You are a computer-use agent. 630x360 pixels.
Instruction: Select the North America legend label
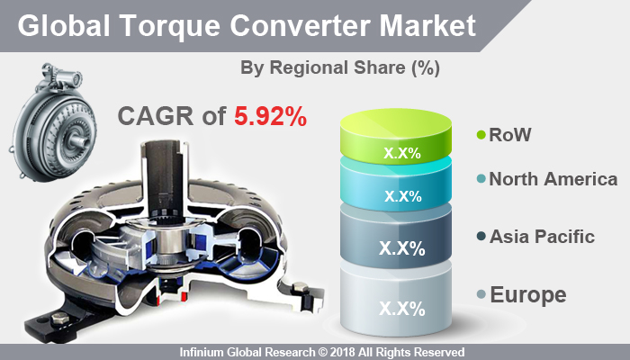click(553, 180)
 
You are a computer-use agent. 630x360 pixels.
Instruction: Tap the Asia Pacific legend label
click(542, 237)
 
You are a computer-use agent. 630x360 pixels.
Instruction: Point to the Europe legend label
click(528, 294)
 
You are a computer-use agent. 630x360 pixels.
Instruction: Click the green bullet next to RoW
click(481, 136)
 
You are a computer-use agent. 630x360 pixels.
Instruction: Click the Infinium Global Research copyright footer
click(315, 352)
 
